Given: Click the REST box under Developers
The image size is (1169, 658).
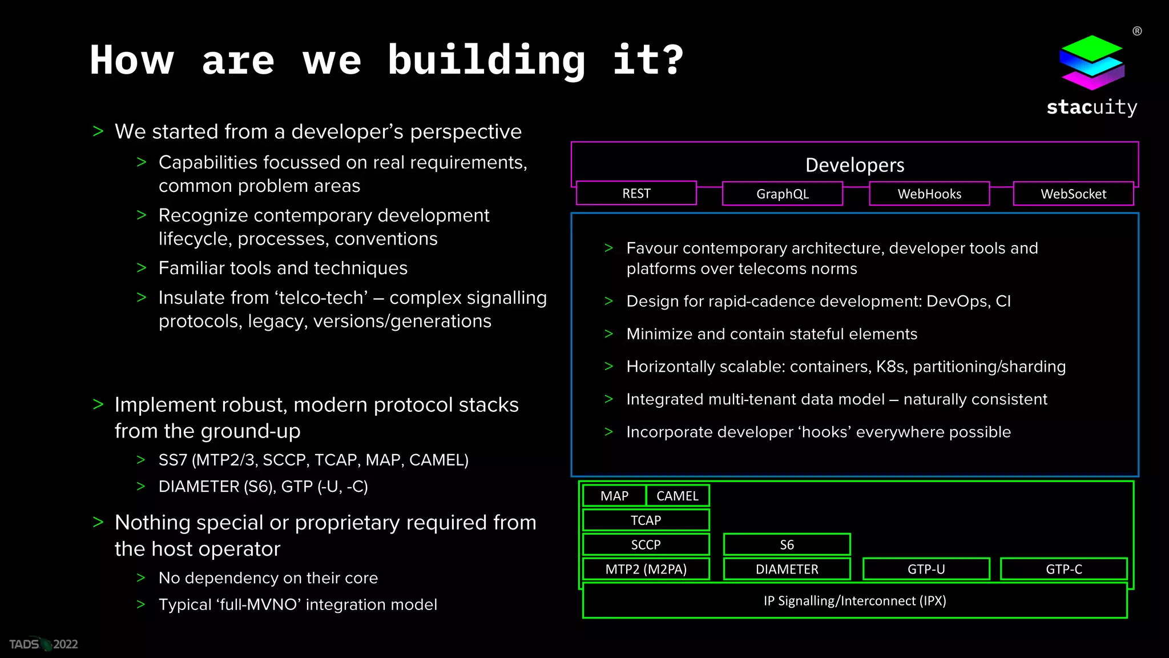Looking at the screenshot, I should pos(636,193).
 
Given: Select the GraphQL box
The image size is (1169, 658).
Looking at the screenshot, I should pos(782,194).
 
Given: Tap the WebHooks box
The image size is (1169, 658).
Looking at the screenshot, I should pos(929,194).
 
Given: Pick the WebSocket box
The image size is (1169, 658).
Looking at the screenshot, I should pos(1073,194).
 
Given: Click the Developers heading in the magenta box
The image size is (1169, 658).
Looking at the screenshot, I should pos(854,165).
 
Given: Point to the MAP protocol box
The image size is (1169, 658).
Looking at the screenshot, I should pos(614,496).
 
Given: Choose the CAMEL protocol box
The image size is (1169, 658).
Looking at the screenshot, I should pos(678,496).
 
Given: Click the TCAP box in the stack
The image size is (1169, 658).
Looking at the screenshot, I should pos(646,520).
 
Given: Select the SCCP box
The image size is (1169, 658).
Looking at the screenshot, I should pos(646,545).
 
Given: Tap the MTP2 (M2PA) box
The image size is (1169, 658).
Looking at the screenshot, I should pos(646,569).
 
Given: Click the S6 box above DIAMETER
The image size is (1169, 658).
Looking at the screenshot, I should pos(787,545).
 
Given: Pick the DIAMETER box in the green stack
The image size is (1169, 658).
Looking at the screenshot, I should pos(787,569).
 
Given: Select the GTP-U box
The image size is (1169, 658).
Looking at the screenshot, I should pos(926,569).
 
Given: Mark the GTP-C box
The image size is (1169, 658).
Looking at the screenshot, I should pos(1063,569).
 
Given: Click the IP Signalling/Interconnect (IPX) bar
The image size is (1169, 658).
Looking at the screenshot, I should pos(854,600).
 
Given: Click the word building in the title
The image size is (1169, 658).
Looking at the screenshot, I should pos(486,61).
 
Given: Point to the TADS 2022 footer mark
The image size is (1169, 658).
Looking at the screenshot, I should pos(43,644).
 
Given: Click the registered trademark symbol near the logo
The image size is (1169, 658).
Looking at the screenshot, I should pos(1137,31).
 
